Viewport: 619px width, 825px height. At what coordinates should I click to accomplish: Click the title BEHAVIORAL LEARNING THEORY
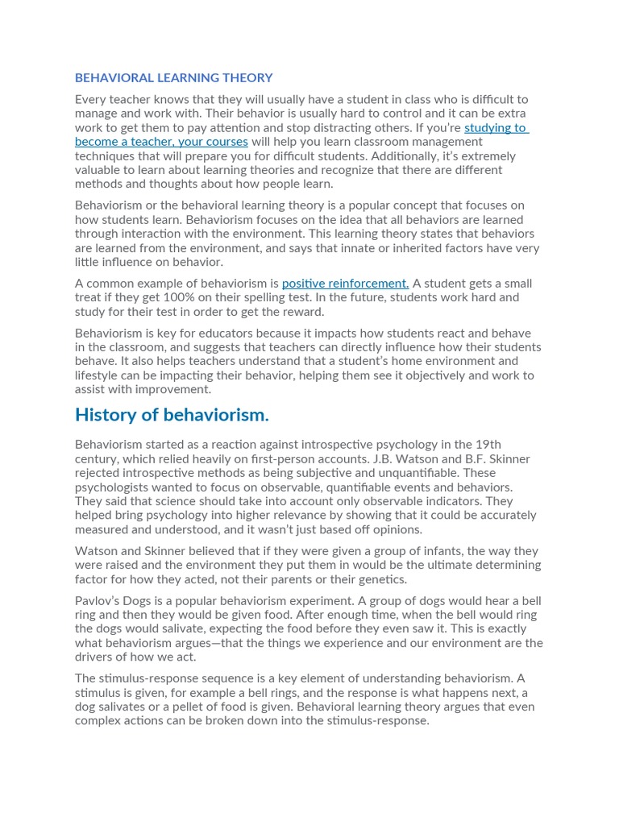173,78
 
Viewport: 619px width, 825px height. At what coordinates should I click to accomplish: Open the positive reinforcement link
345,284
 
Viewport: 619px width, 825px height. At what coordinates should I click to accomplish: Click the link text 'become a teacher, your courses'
161,142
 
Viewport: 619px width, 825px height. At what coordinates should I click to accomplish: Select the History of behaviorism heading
172,415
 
